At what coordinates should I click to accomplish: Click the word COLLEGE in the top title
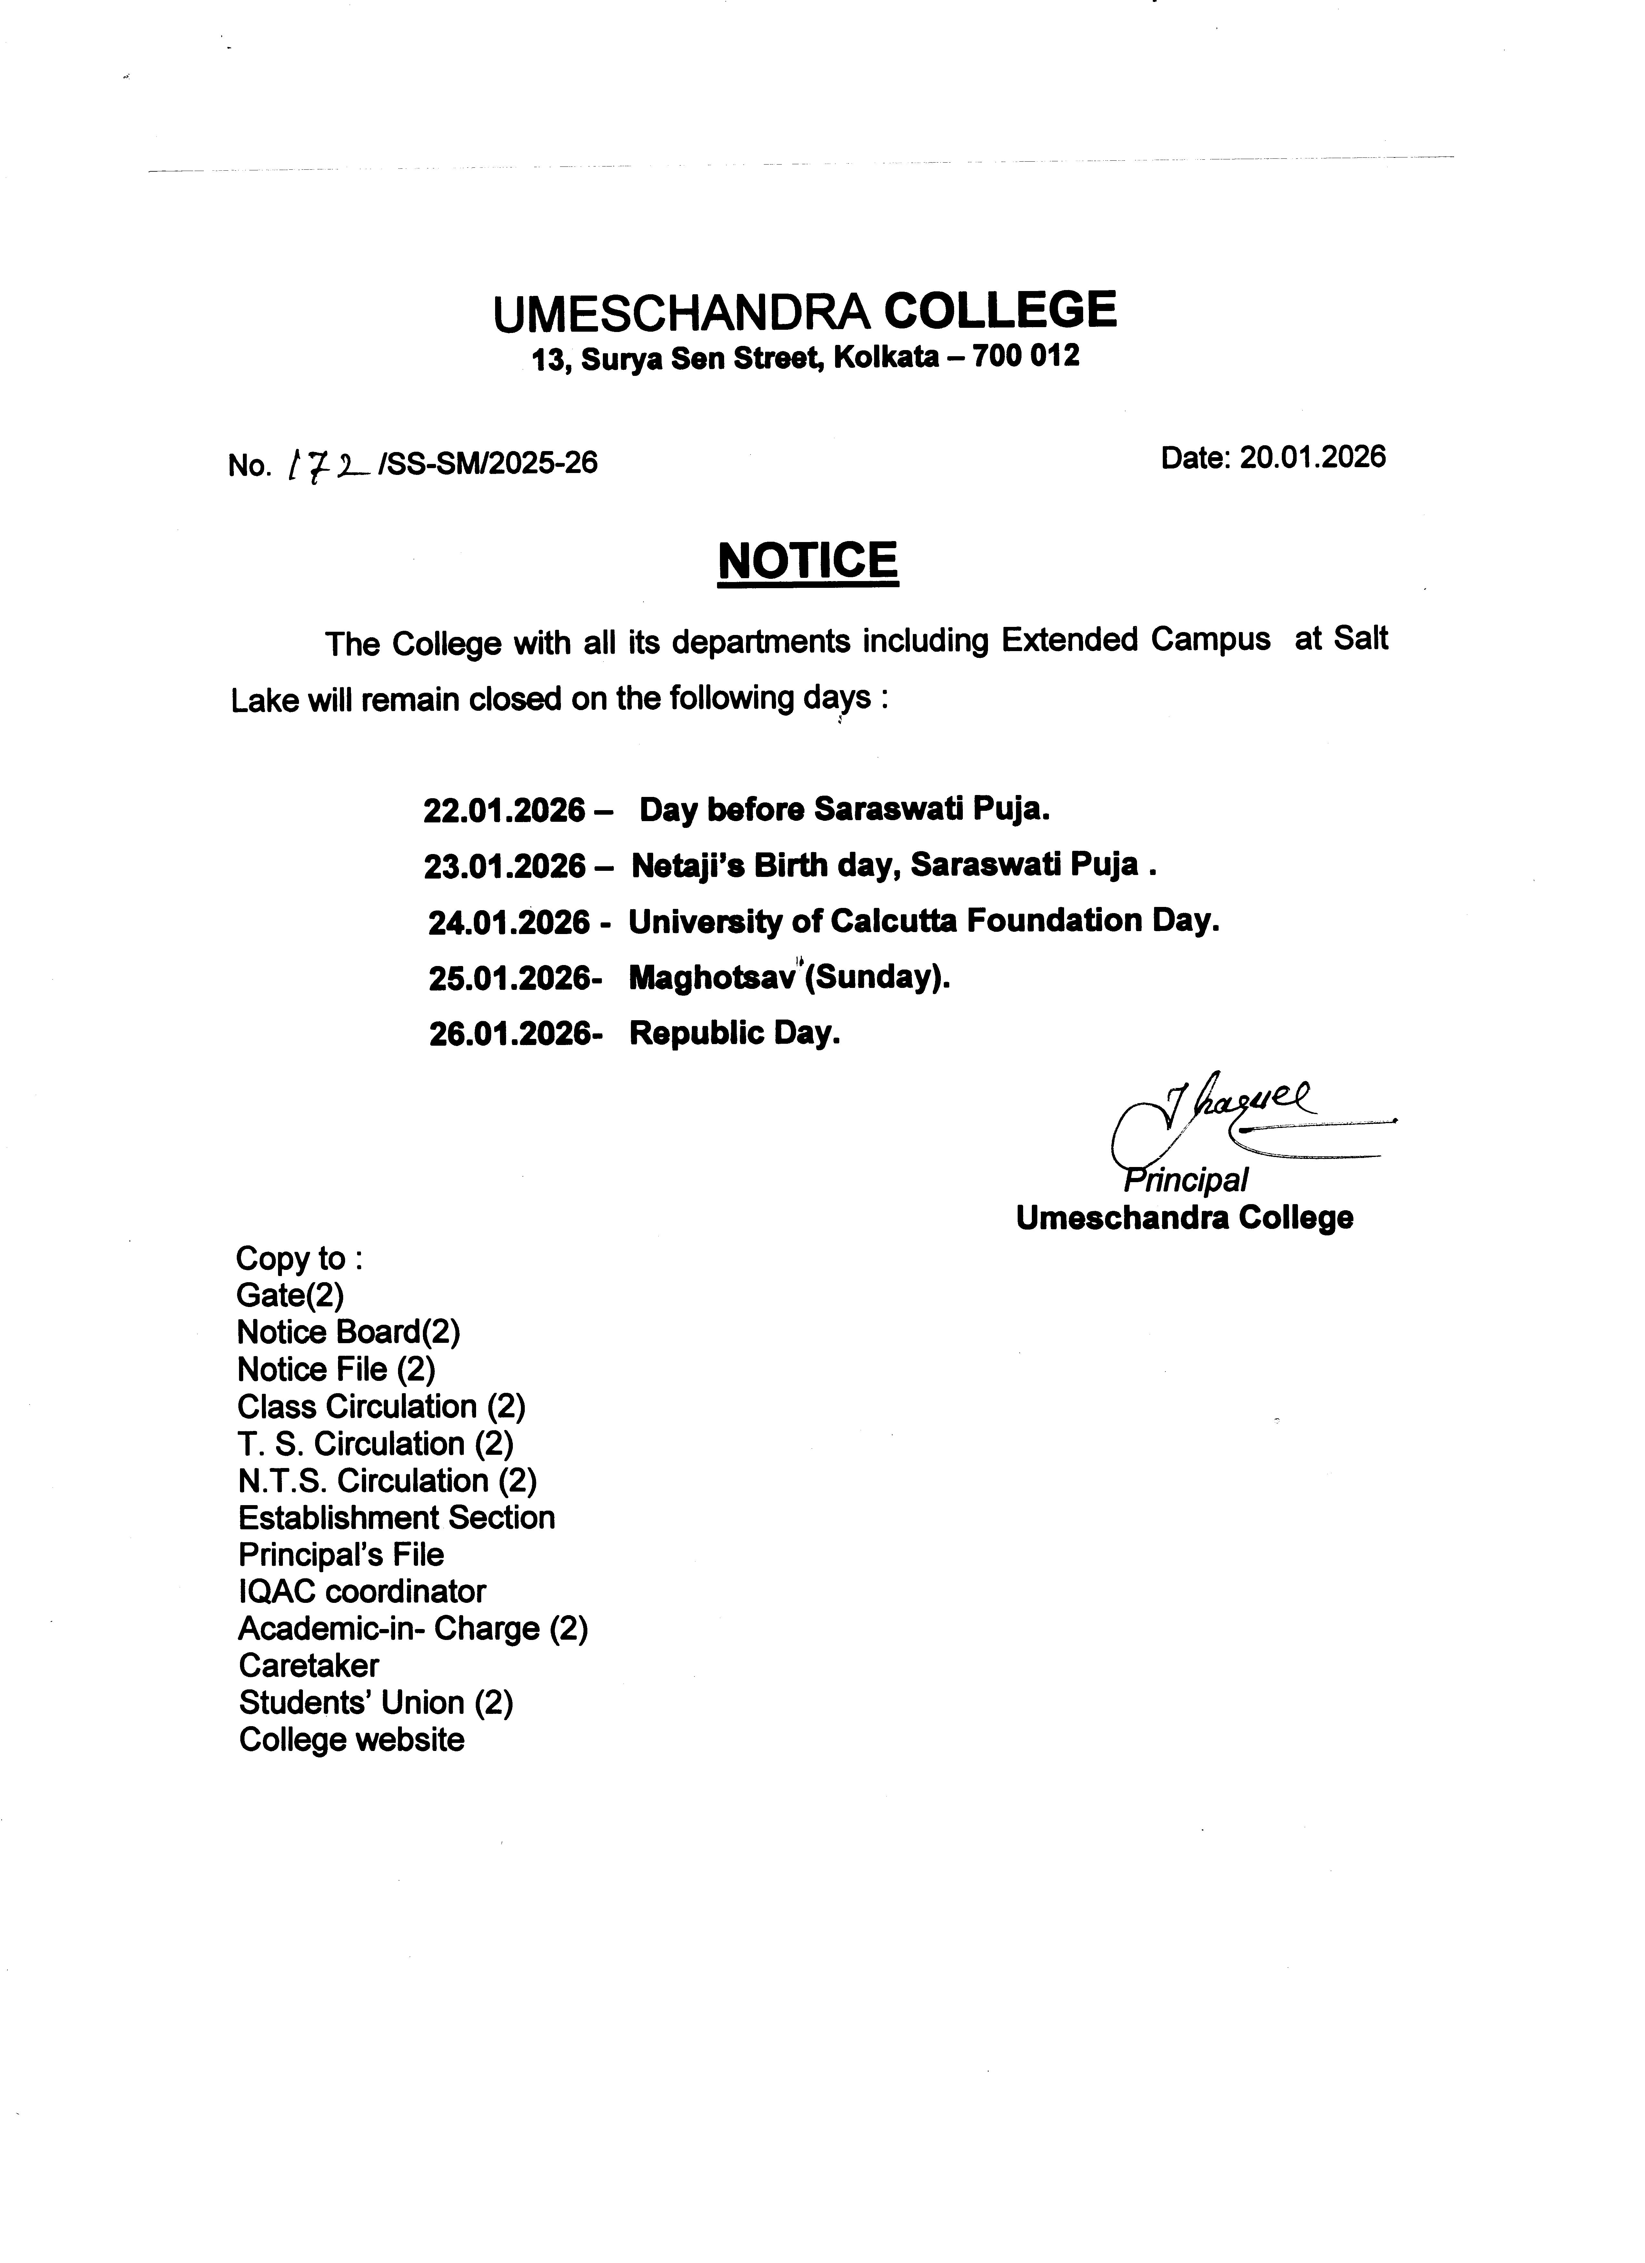tap(1001, 310)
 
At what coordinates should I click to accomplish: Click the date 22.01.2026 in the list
tap(504, 810)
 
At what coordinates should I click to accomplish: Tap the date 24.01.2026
tap(509, 922)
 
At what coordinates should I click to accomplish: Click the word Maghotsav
tap(711, 978)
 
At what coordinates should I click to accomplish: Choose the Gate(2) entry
tap(289, 1295)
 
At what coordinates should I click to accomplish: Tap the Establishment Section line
tap(396, 1518)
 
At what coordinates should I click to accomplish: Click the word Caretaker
tap(308, 1665)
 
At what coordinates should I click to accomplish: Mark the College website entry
tap(351, 1740)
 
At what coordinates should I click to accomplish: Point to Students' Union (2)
tap(375, 1702)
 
